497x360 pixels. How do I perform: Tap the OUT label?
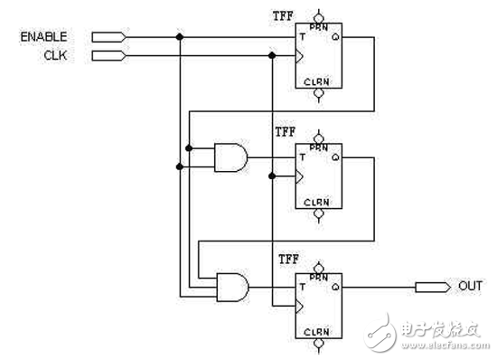pyautogui.click(x=471, y=287)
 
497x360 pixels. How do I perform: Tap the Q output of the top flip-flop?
pyautogui.click(x=335, y=38)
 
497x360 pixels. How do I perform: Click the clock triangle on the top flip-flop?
pyautogui.click(x=300, y=56)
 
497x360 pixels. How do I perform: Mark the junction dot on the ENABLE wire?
pyautogui.click(x=180, y=37)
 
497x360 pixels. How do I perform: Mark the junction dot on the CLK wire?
pyautogui.click(x=272, y=56)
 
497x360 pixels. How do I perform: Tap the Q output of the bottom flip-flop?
pyautogui.click(x=335, y=287)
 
